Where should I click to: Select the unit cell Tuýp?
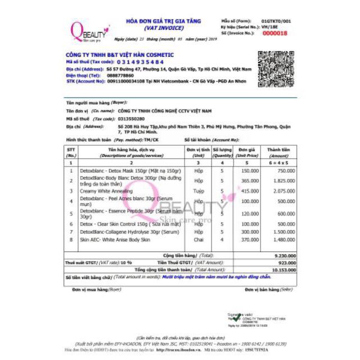click(199, 192)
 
